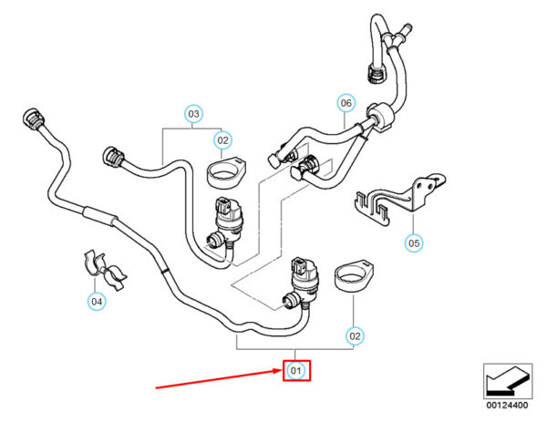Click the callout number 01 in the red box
coord(295,370)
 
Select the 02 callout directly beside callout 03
coord(222,140)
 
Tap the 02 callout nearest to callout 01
coord(356,335)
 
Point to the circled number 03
coord(192,114)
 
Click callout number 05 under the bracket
coord(415,243)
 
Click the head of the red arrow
coord(277,369)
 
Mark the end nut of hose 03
coord(115,157)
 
